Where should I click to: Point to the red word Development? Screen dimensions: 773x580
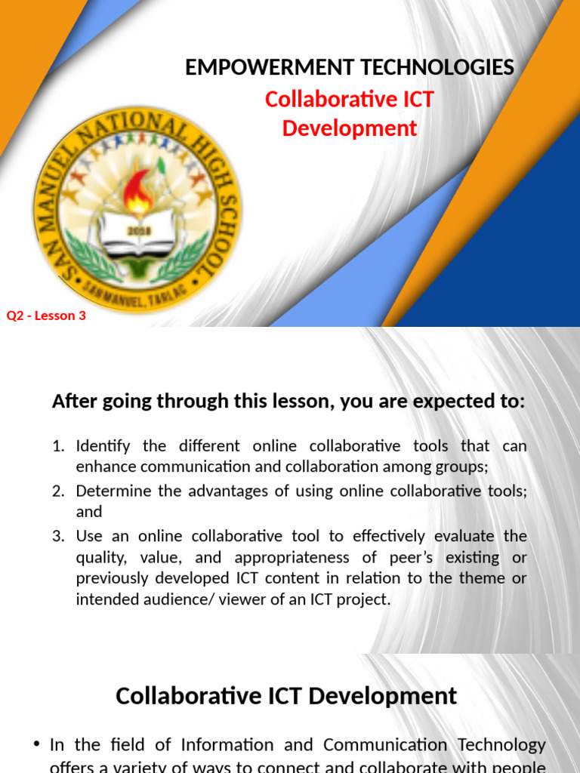350,128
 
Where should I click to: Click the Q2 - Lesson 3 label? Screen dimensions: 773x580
46,316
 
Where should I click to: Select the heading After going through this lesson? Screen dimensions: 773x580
288,402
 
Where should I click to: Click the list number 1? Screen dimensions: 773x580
58,446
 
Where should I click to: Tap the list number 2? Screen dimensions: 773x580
58,491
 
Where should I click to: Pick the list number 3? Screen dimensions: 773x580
58,536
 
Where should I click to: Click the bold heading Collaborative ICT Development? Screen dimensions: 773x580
286,695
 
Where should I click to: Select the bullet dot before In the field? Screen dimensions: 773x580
37,744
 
